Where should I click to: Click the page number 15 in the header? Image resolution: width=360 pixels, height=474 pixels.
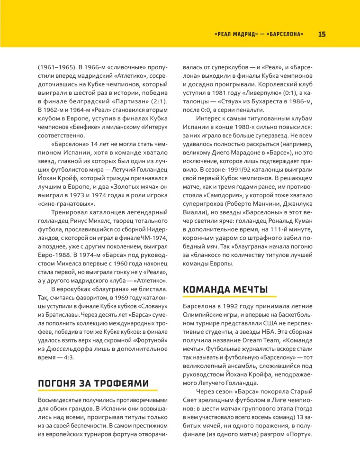pos(322,34)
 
